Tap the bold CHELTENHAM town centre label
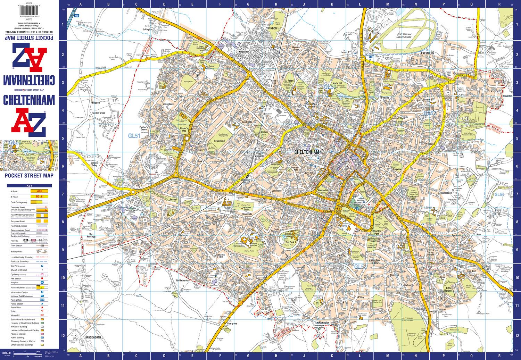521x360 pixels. [306, 152]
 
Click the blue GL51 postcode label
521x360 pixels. [134, 136]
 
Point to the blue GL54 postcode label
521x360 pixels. [499, 194]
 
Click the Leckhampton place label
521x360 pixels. [322, 323]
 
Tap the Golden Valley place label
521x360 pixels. [96, 164]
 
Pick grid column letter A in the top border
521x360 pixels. [81, 5]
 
